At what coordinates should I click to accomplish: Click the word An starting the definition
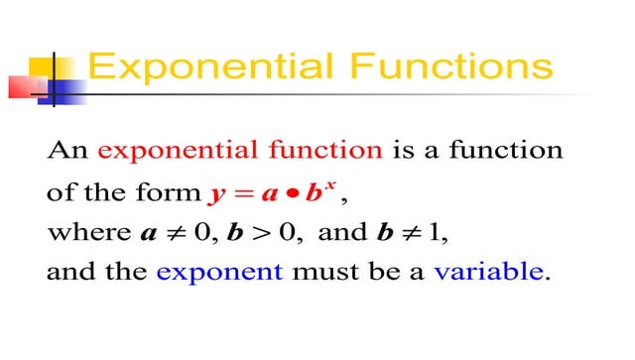click(x=67, y=151)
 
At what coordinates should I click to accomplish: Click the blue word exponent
click(x=219, y=274)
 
